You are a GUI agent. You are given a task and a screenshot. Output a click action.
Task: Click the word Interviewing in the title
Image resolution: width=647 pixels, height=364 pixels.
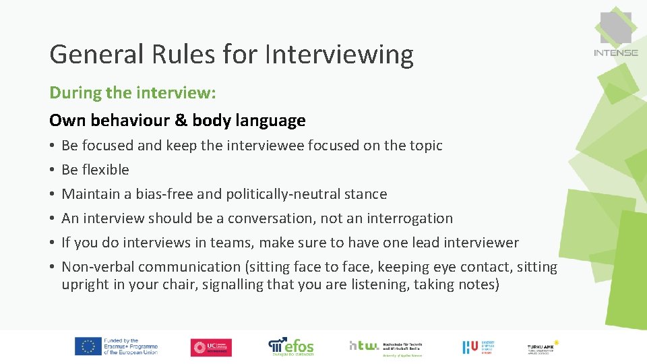(339, 54)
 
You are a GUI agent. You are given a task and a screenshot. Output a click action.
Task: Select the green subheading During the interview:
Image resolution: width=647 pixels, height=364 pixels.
(133, 92)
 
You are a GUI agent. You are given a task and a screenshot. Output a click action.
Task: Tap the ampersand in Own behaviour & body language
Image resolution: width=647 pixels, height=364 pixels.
(180, 121)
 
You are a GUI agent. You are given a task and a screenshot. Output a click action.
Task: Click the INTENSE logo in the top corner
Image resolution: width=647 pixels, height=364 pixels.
(615, 34)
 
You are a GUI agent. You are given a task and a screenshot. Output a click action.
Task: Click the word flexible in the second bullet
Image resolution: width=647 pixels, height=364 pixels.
(104, 170)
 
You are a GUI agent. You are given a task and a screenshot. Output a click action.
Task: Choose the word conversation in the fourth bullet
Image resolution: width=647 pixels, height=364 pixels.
(274, 218)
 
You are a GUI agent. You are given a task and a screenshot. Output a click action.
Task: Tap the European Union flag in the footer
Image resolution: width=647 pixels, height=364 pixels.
(88, 346)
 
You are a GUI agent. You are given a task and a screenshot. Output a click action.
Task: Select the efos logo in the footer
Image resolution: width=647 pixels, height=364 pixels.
(291, 346)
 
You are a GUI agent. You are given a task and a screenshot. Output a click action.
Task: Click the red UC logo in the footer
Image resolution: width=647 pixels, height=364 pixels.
(211, 347)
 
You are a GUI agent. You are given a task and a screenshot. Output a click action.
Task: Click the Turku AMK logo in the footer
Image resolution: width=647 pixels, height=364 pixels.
(543, 346)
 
